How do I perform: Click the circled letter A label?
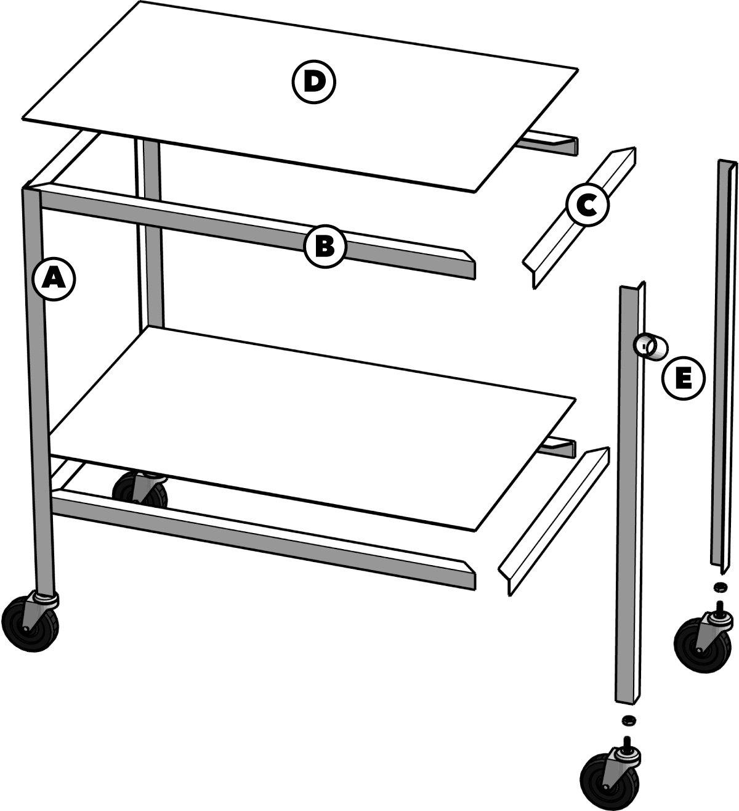(54, 280)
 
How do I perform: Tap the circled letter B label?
(325, 247)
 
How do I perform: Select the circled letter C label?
(587, 206)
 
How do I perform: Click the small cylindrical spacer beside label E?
(650, 346)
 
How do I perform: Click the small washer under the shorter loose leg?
(629, 719)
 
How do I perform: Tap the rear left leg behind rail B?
(150, 234)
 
